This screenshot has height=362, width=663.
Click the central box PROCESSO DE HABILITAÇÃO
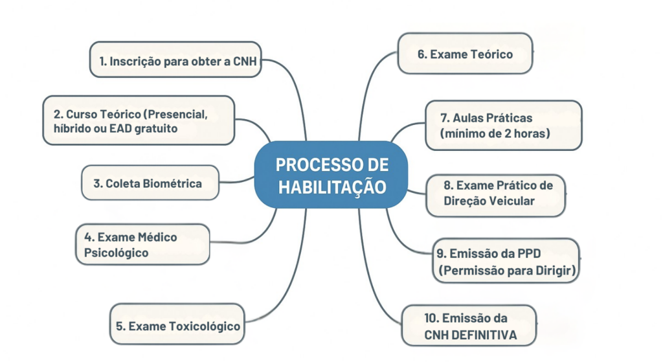(x=331, y=175)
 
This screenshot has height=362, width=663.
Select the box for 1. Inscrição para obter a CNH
(x=175, y=61)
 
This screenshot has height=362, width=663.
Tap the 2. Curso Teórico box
(x=139, y=120)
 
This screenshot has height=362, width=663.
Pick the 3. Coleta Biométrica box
(x=150, y=183)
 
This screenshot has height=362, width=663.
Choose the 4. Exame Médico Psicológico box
(x=143, y=245)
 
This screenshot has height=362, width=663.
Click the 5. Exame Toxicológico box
(x=177, y=326)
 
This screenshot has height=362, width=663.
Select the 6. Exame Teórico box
(x=465, y=54)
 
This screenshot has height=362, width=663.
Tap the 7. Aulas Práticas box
(x=503, y=126)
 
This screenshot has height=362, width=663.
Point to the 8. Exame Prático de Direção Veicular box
(x=495, y=193)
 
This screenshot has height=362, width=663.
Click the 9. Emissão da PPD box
(x=505, y=261)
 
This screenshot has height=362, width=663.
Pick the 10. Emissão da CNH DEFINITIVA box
(x=469, y=326)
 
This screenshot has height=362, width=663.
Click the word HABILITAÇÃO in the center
(x=331, y=187)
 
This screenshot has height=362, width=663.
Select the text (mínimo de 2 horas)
(x=494, y=133)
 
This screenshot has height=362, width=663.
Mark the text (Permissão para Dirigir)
(x=506, y=270)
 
